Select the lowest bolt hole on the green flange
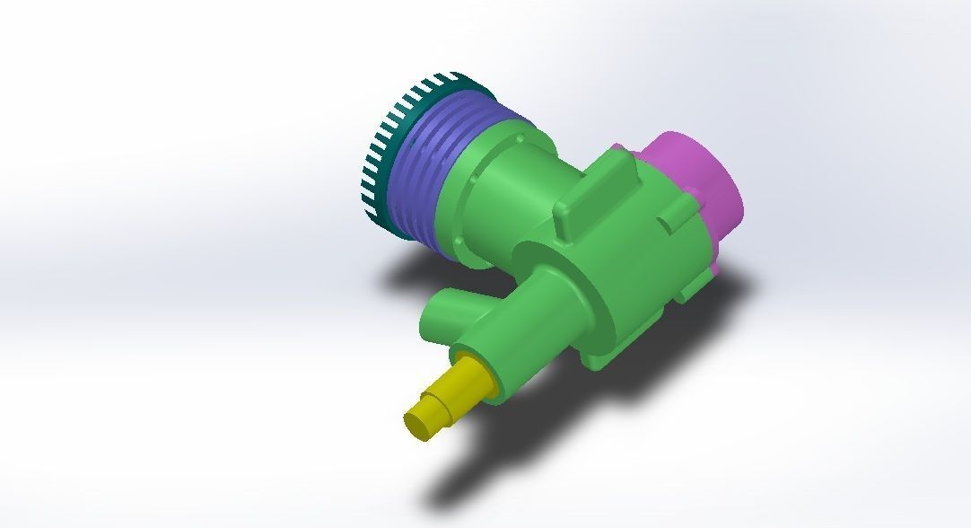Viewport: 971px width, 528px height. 460,243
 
